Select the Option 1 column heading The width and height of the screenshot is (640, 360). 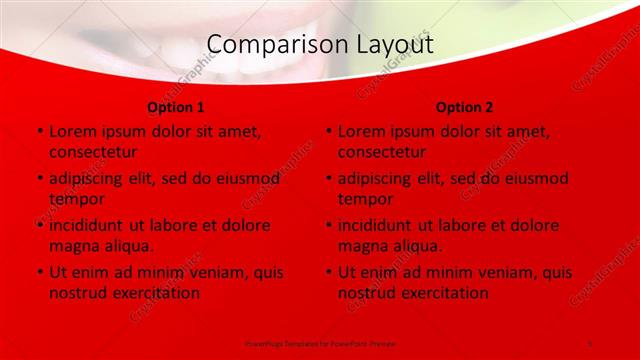[176, 107]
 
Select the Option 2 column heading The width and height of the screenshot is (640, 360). [465, 107]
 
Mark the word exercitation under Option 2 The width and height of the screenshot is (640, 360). [443, 293]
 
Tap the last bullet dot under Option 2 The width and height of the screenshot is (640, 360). [329, 273]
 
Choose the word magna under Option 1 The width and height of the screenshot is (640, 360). [75, 246]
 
